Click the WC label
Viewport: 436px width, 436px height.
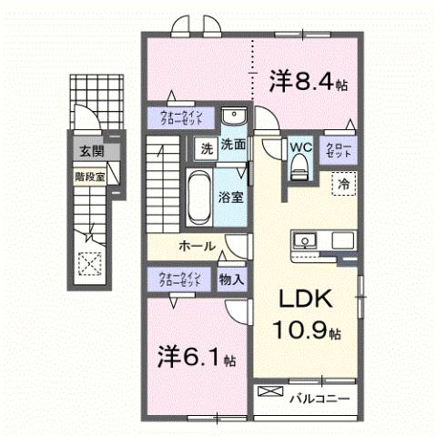tap(300, 146)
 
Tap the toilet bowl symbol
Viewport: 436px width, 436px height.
tap(299, 167)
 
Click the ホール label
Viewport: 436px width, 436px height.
tap(197, 247)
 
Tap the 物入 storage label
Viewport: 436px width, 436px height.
tap(231, 280)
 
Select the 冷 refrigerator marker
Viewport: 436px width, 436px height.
tap(344, 183)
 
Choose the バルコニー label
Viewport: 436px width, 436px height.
tap(319, 398)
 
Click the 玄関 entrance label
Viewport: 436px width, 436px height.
tap(86, 151)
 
